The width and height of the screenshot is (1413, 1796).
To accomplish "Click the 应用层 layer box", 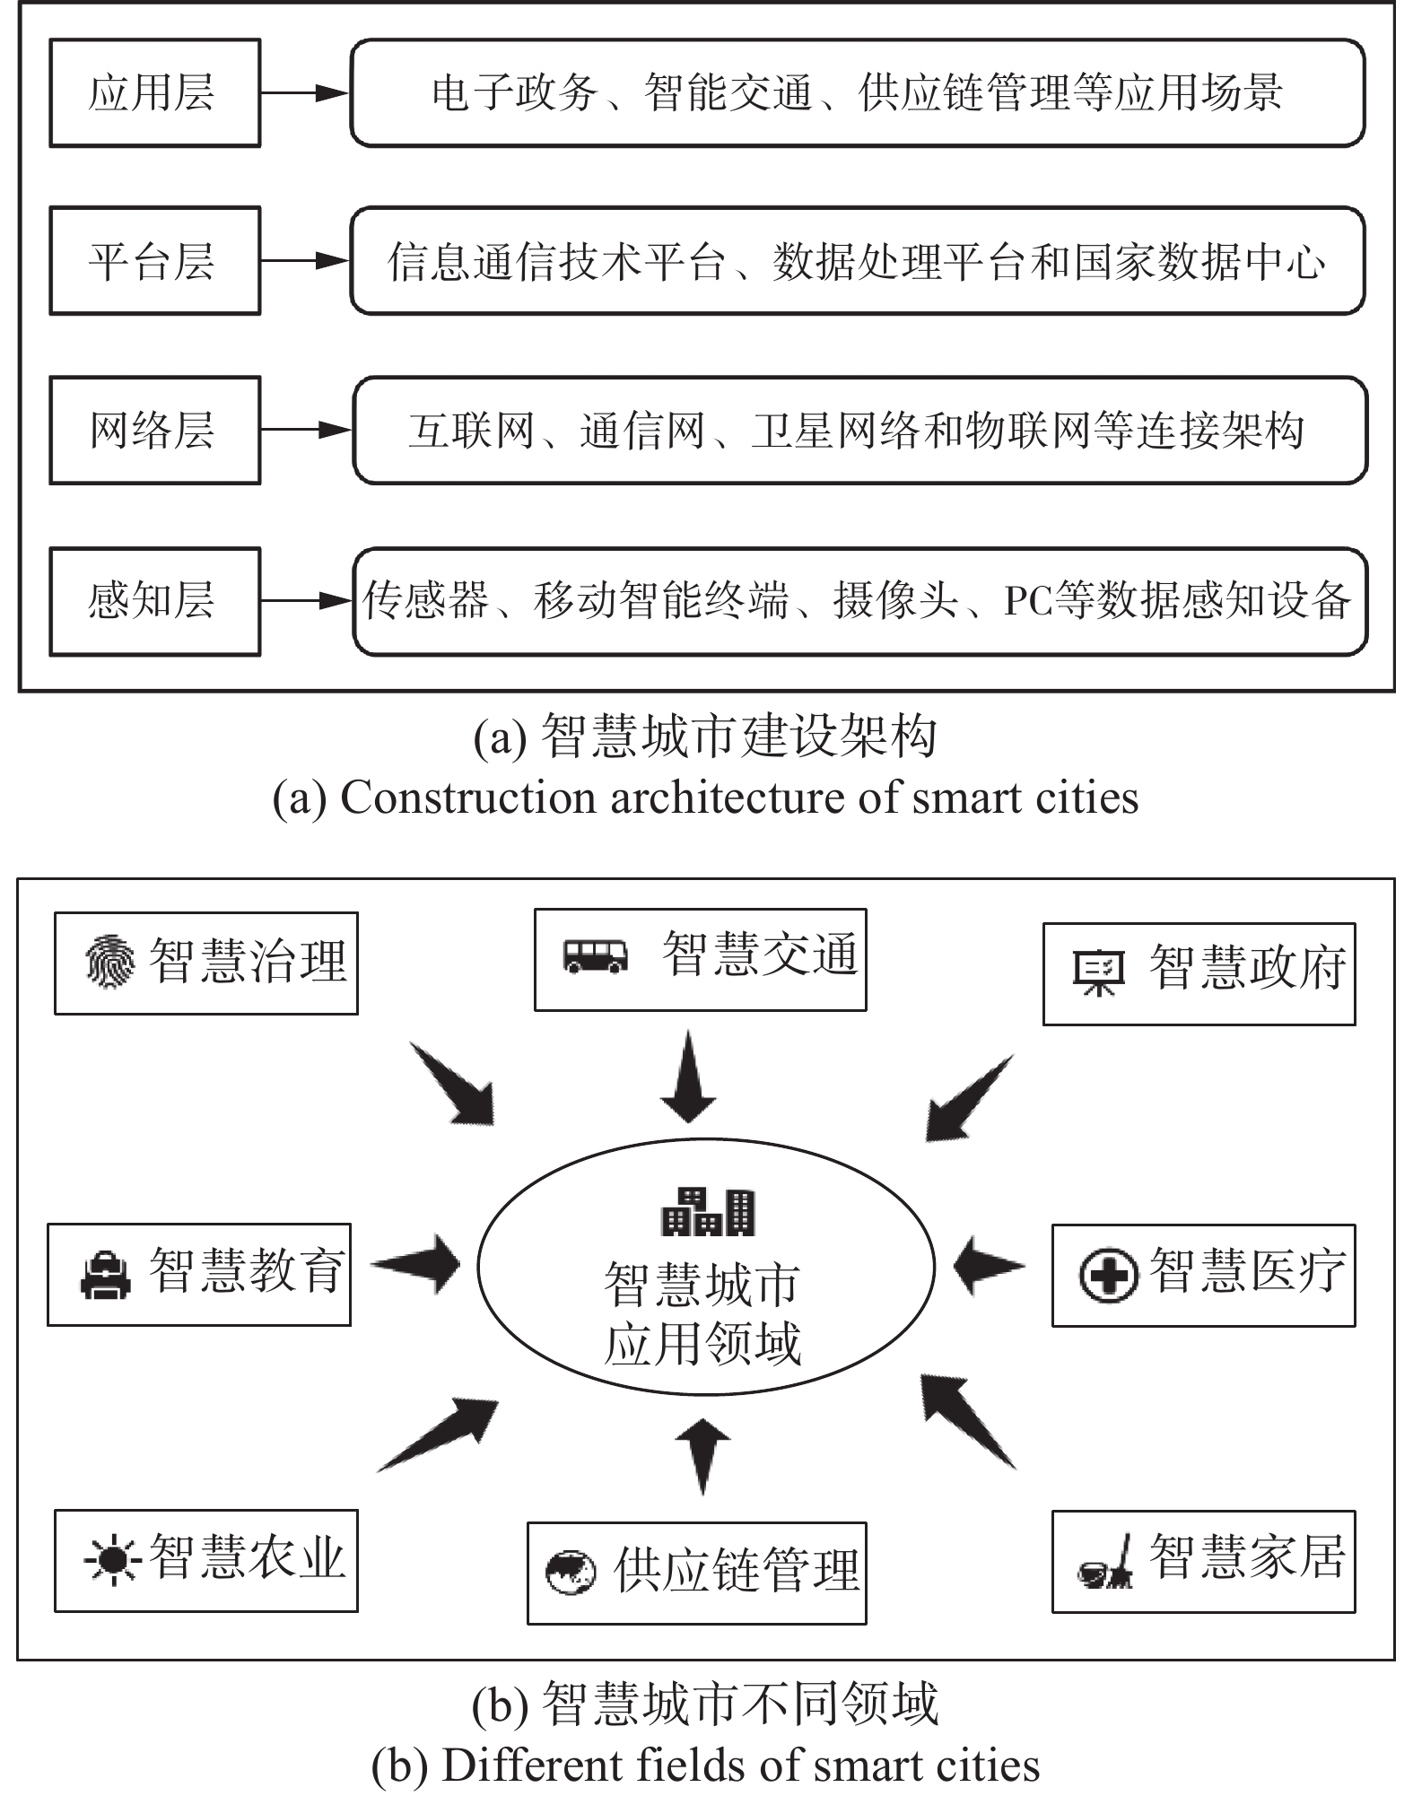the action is pyautogui.click(x=154, y=92).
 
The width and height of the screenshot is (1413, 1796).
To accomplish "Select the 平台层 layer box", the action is pyautogui.click(x=154, y=261).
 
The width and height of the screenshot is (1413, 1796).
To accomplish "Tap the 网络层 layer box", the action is pyautogui.click(x=154, y=431).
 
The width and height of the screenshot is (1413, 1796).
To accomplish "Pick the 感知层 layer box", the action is pyautogui.click(x=154, y=601).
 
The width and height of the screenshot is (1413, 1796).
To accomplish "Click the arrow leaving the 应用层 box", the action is pyautogui.click(x=305, y=92).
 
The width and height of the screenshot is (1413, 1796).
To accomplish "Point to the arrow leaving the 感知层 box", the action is pyautogui.click(x=305, y=601).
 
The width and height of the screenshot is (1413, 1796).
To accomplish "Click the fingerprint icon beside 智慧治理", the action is pyautogui.click(x=110, y=962).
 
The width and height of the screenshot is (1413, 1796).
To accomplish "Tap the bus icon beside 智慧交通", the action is pyautogui.click(x=595, y=956).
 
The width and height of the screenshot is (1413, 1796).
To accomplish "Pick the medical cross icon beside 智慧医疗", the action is pyautogui.click(x=1108, y=1276).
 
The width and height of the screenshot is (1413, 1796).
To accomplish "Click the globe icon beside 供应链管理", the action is pyautogui.click(x=571, y=1573).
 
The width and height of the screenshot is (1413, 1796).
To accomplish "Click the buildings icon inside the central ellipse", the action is pyautogui.click(x=708, y=1212).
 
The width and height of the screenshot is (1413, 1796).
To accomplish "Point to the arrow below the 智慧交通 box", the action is pyautogui.click(x=688, y=1077).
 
